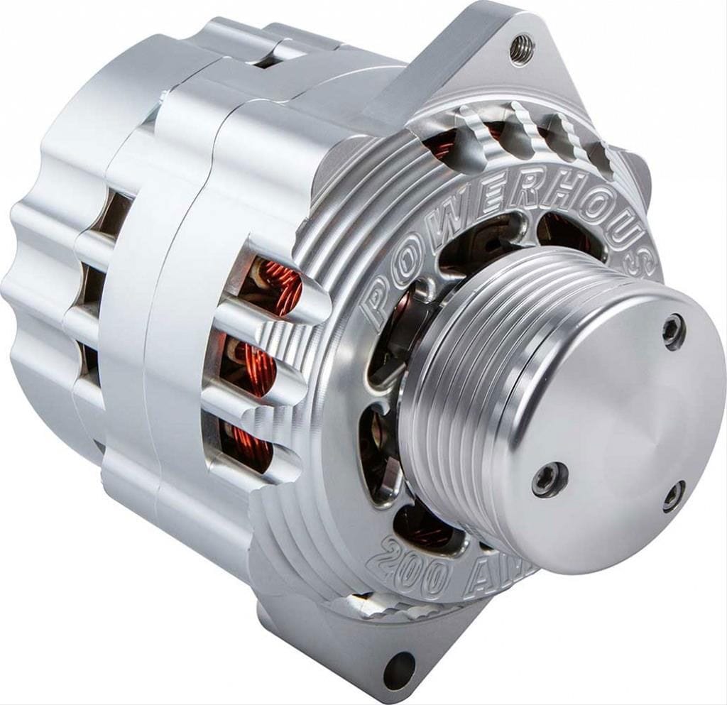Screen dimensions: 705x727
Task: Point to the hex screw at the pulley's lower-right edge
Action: (x=674, y=496)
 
